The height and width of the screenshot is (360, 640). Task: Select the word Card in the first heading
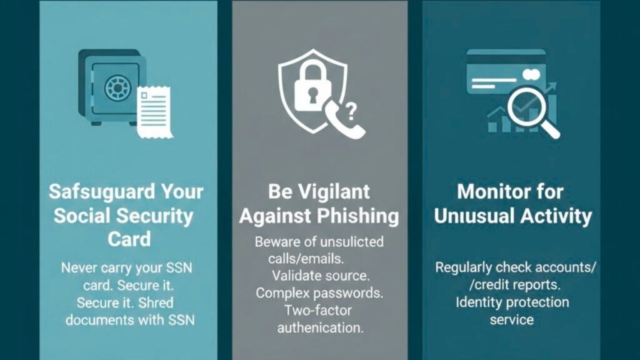point(129,239)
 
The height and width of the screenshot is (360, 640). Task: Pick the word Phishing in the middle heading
point(358,216)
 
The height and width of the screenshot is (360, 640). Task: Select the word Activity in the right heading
point(553,216)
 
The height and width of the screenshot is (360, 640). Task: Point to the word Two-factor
point(319,311)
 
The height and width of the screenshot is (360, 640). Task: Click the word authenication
point(319,327)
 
